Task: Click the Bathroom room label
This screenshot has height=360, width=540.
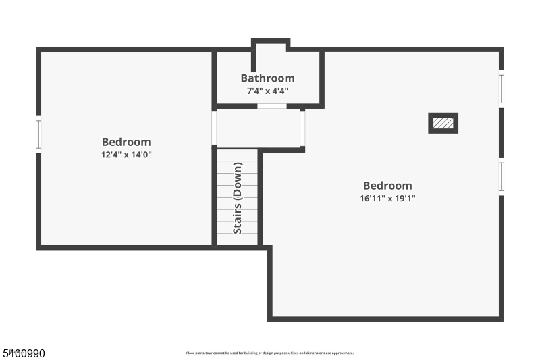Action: pyautogui.click(x=267, y=78)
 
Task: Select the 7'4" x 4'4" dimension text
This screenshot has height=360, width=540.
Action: pyautogui.click(x=267, y=91)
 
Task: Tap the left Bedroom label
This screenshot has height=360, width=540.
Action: pyautogui.click(x=126, y=142)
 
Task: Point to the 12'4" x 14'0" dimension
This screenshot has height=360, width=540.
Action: pyautogui.click(x=126, y=155)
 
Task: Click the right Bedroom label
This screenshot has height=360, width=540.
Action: pyautogui.click(x=387, y=186)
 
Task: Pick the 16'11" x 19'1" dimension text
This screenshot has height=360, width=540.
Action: pyautogui.click(x=387, y=199)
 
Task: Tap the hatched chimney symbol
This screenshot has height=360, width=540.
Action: pyautogui.click(x=443, y=123)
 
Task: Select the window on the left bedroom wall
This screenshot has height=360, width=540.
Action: pyautogui.click(x=38, y=134)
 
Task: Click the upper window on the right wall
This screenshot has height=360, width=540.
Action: pyautogui.click(x=501, y=88)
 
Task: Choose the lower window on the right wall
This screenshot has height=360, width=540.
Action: pyautogui.click(x=501, y=176)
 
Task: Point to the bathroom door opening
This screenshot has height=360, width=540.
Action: pyautogui.click(x=272, y=106)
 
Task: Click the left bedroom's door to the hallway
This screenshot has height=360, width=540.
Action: pyautogui.click(x=214, y=128)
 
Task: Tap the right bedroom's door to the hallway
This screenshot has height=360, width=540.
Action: pyautogui.click(x=302, y=128)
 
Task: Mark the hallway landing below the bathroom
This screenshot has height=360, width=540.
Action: pyautogui.click(x=258, y=128)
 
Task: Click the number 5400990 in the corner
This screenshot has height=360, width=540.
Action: pyautogui.click(x=24, y=353)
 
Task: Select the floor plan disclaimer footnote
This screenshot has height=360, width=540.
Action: pyautogui.click(x=270, y=353)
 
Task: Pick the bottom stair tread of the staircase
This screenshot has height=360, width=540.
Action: pyautogui.click(x=237, y=239)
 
